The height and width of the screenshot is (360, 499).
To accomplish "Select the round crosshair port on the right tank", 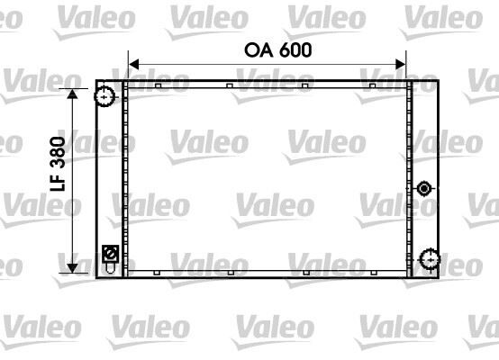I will tap(428, 260).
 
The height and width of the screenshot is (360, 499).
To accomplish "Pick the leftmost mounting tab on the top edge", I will tap(157, 85).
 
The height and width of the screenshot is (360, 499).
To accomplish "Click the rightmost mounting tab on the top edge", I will tap(371, 85).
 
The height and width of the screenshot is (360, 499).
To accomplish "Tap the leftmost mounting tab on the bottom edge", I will tap(157, 271).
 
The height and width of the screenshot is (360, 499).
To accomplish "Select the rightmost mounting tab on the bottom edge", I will tap(371, 271).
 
